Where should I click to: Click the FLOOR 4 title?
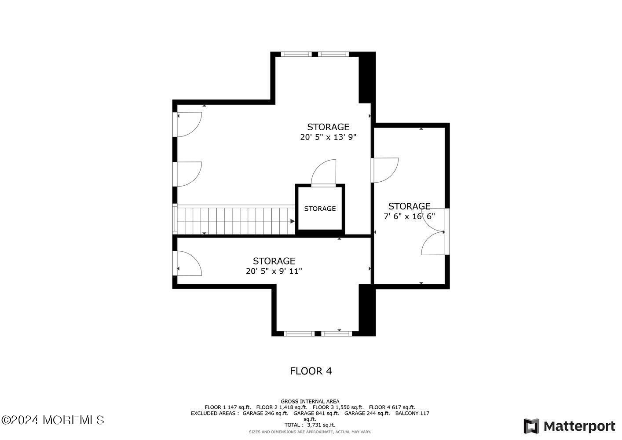pyautogui.click(x=311, y=371)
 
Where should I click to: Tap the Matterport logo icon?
pyautogui.click(x=531, y=426)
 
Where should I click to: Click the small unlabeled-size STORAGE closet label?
pyautogui.click(x=320, y=209)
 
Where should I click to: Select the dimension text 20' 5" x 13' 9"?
pyautogui.click(x=328, y=137)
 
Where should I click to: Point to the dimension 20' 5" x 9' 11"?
pyautogui.click(x=274, y=271)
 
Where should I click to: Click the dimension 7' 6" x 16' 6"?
pyautogui.click(x=409, y=216)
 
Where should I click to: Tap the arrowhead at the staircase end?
pyautogui.click(x=293, y=221)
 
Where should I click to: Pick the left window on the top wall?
pyautogui.click(x=296, y=54)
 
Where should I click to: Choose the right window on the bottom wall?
pyautogui.click(x=337, y=334)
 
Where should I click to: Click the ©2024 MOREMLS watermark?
pyautogui.click(x=52, y=420)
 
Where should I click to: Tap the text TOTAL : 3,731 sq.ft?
pyautogui.click(x=310, y=425)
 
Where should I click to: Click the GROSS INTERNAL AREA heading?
pyautogui.click(x=310, y=401)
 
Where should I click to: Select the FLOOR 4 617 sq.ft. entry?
pyautogui.click(x=392, y=407)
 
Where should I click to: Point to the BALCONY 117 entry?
pyautogui.click(x=412, y=413)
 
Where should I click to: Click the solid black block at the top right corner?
pyautogui.click(x=367, y=77)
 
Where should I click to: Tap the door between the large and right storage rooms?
pyautogui.click(x=385, y=170)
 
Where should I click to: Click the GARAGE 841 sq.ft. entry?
pyautogui.click(x=316, y=413)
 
